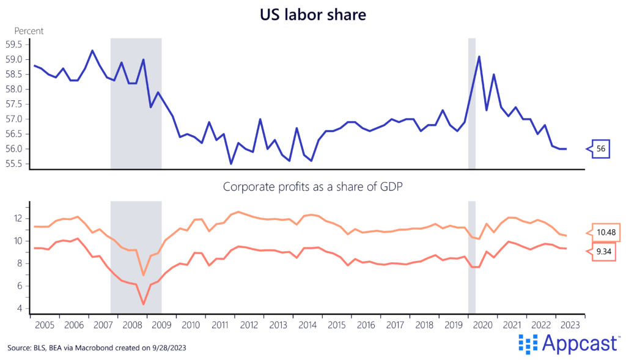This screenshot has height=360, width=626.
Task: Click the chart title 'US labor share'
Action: pyautogui.click(x=312, y=14)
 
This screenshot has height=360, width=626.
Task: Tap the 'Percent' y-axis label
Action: pyautogui.click(x=28, y=31)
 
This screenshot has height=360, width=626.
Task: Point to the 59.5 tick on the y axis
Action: pyautogui.click(x=14, y=45)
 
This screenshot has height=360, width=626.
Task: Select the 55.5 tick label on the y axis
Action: pyautogui.click(x=14, y=164)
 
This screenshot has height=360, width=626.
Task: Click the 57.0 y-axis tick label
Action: pyautogui.click(x=14, y=119)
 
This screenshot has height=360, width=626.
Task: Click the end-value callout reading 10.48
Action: pyautogui.click(x=605, y=233)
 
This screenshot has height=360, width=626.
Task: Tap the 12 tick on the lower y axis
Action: pyautogui.click(x=18, y=219)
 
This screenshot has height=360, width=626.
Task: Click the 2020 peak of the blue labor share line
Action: pyautogui.click(x=479, y=57)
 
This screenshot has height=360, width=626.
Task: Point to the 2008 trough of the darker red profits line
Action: pyautogui.click(x=144, y=304)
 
